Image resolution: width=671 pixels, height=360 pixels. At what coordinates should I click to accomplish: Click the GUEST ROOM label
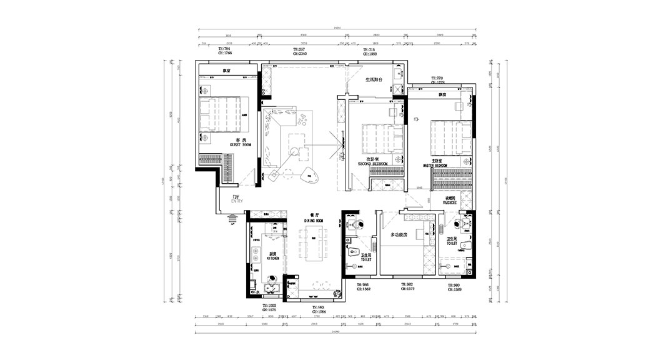(241, 145)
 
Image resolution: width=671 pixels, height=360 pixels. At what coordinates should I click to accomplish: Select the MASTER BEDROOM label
(433, 166)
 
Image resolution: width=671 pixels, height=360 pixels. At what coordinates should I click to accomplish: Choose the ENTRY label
(237, 202)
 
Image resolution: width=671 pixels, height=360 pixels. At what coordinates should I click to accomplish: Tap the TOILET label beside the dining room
(367, 259)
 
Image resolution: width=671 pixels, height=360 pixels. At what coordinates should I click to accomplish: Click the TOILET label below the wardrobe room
(452, 242)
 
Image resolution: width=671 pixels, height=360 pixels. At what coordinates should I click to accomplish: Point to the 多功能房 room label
(399, 235)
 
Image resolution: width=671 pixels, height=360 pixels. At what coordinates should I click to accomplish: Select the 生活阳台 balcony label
(374, 81)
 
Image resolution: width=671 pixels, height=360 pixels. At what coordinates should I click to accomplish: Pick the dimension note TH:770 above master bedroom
(437, 79)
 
